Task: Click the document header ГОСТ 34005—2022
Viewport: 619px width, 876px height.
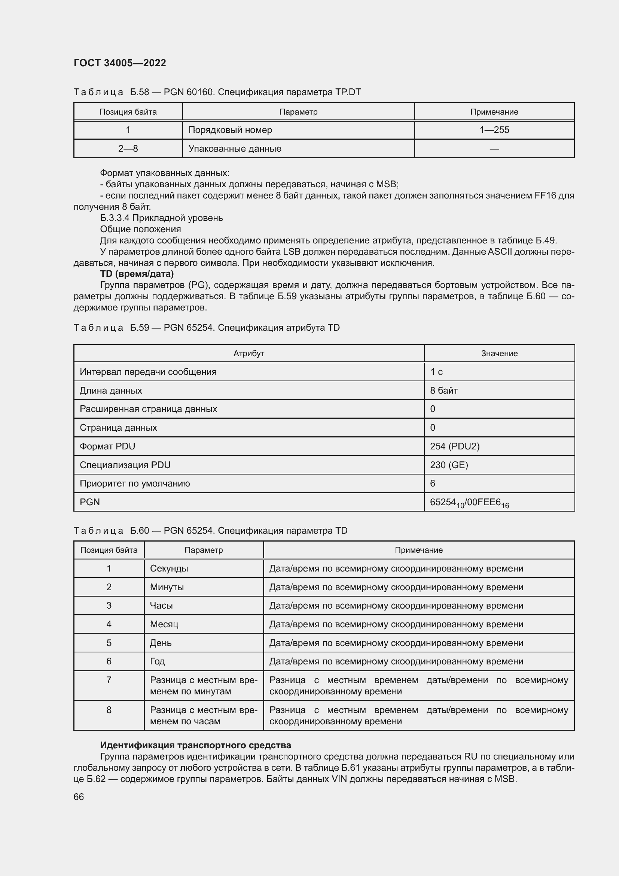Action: [120, 63]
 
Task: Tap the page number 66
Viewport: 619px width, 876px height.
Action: [79, 797]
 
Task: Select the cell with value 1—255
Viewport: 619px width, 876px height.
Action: [494, 130]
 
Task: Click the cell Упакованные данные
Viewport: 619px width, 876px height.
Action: [235, 148]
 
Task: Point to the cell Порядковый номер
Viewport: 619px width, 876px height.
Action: [230, 130]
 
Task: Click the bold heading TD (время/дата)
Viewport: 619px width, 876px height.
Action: [137, 273]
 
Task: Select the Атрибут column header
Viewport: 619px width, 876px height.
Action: [248, 353]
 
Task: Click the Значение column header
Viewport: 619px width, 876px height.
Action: [499, 353]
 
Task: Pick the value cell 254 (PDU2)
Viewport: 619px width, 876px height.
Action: [455, 446]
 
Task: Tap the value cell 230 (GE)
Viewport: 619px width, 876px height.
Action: [449, 465]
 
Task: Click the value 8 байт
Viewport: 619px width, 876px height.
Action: [444, 390]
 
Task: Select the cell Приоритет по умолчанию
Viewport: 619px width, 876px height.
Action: [135, 484]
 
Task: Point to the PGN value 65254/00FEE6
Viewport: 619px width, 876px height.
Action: [469, 503]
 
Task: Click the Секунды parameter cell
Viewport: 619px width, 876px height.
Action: [169, 569]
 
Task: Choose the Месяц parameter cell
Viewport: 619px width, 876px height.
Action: [164, 624]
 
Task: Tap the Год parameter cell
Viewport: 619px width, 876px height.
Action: [158, 661]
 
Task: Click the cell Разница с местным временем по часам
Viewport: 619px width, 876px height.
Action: [204, 715]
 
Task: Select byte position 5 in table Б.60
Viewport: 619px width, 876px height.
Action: [109, 643]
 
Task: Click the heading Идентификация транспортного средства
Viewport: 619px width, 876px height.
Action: [195, 745]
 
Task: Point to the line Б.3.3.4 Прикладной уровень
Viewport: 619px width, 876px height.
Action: [161, 218]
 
